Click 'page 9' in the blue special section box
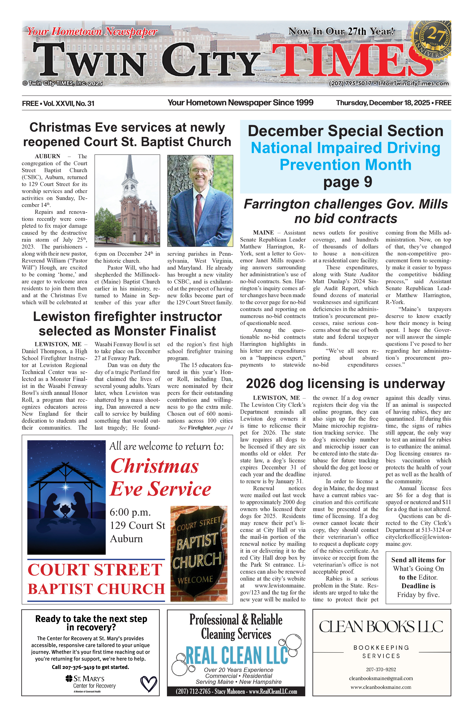click(x=348, y=182)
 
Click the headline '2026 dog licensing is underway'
click(x=345, y=384)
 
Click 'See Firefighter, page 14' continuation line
click(x=206, y=428)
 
